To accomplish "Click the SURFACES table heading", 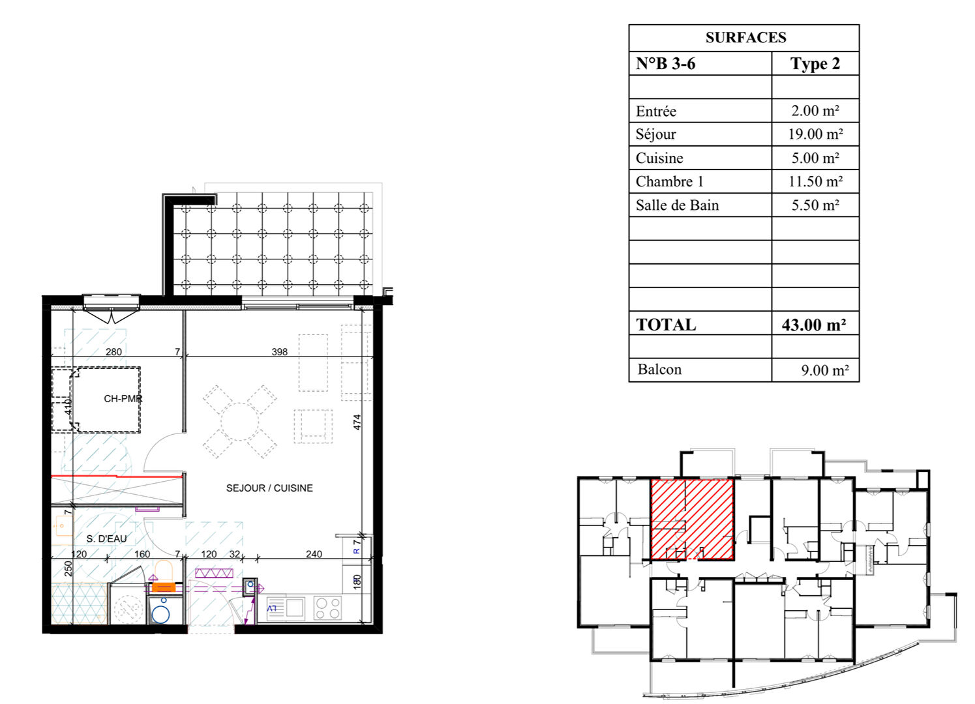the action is click(x=745, y=37).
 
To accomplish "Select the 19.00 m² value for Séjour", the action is click(x=815, y=134).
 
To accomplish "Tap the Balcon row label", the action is click(x=659, y=370).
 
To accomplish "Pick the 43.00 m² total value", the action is click(x=813, y=325).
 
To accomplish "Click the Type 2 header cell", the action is click(x=815, y=64).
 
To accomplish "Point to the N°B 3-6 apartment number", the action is click(x=665, y=63).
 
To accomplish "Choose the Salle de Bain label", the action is click(x=677, y=205).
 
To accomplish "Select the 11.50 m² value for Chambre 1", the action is click(x=815, y=181).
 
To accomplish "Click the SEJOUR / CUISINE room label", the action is click(x=269, y=488).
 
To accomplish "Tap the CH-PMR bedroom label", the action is click(x=123, y=398).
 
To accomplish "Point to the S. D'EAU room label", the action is click(x=107, y=538).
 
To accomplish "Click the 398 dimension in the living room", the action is click(x=279, y=351).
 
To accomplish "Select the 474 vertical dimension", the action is click(x=357, y=422).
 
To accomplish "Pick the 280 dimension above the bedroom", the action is click(x=113, y=351).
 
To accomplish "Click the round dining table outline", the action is click(x=239, y=422).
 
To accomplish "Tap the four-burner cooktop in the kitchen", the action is click(x=327, y=608).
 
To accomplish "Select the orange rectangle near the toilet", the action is click(x=164, y=587).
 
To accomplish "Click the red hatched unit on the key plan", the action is click(x=692, y=520).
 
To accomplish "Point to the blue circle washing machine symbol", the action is click(x=160, y=615).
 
